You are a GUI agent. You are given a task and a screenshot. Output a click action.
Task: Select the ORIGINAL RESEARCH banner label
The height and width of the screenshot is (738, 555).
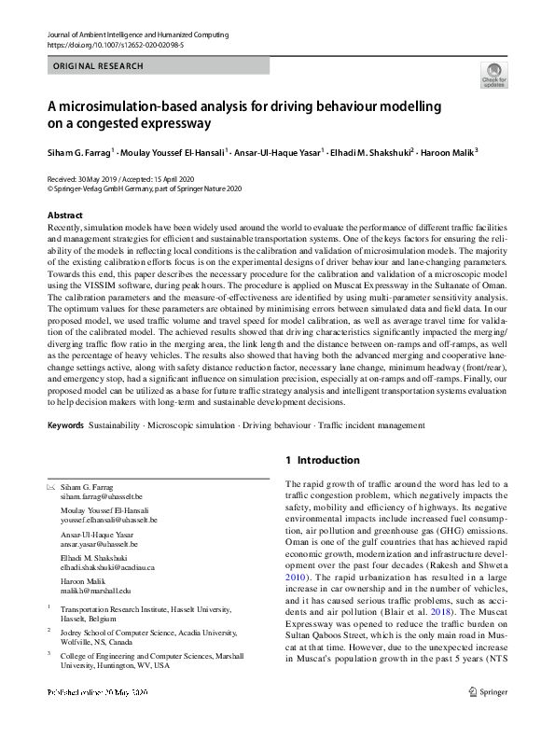point(99,66)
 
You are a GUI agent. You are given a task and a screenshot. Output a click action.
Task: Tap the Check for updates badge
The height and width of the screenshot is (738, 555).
point(493,75)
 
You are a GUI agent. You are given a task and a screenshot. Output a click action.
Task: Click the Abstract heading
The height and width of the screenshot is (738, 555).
point(64,216)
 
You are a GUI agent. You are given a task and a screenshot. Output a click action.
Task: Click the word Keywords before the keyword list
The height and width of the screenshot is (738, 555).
point(65,425)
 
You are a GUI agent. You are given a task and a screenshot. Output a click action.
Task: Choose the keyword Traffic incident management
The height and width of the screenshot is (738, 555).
point(370,425)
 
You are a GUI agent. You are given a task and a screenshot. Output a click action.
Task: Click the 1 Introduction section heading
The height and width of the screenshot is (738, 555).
point(322,460)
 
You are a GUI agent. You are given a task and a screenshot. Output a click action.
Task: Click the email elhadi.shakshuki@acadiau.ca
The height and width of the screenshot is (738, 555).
point(107,566)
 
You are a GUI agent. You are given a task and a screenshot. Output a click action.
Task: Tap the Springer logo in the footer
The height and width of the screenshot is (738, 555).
point(489,717)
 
